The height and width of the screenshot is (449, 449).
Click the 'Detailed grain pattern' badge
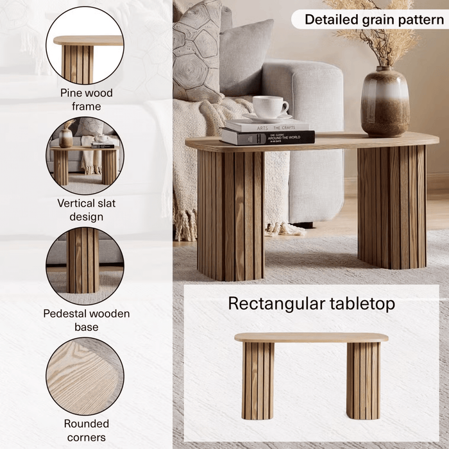pos(373,19)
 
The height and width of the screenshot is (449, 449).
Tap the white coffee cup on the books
pos(269,107)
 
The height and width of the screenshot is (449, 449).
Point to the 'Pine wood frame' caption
pos(87,99)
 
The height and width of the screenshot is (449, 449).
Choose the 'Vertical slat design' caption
pos(87,210)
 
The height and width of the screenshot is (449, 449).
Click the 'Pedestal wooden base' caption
pos(87,320)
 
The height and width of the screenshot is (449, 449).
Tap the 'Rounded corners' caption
pos(87,430)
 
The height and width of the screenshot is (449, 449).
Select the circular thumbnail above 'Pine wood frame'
pos(85,46)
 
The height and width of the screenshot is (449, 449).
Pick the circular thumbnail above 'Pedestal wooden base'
pos(85,266)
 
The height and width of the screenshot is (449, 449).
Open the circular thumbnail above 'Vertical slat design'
pos(85,156)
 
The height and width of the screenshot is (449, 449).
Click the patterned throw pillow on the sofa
pos(197,51)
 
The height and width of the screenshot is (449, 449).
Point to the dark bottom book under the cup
pos(267,137)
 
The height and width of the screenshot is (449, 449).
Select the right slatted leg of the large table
pos(391,205)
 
